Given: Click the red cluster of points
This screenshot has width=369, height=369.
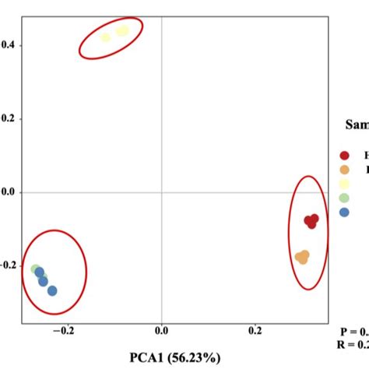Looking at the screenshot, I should tap(311, 221).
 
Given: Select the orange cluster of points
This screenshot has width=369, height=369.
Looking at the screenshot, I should tap(302, 256).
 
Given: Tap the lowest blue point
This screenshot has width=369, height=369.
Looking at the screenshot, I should tap(52, 290).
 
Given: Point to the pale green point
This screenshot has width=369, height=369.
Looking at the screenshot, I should tap(35, 269).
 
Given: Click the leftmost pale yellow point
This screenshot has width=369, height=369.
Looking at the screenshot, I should tap(106, 37).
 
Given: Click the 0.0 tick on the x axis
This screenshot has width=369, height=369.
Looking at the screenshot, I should tap(161, 331).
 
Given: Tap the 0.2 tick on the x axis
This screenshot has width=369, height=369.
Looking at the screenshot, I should tap(255, 331).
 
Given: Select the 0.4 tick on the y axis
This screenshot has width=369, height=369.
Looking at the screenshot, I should tap(7, 45).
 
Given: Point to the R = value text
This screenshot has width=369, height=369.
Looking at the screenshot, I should tap(353, 345).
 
